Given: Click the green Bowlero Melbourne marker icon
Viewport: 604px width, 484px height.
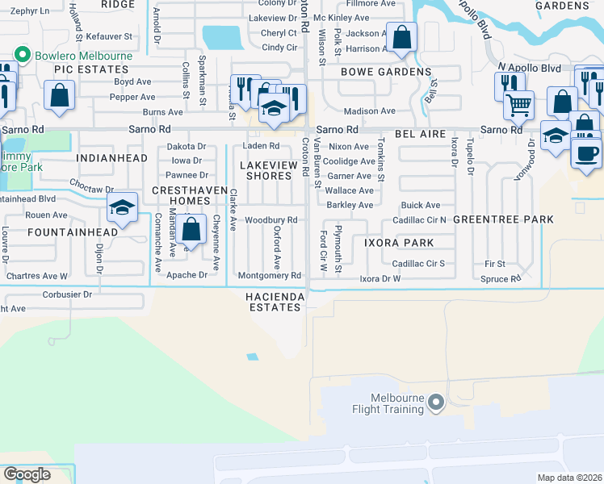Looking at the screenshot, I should click(21, 56).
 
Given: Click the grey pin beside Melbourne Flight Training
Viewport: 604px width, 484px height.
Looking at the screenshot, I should click(436, 401).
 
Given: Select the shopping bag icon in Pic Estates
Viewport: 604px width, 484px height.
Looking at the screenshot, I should click(61, 96).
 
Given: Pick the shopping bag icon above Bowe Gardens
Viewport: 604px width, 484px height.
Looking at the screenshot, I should click(401, 37).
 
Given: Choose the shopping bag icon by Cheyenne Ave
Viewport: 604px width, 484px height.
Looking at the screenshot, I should click(191, 229).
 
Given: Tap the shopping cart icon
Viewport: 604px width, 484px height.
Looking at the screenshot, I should click(518, 104).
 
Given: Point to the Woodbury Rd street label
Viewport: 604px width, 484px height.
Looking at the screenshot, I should click(271, 220).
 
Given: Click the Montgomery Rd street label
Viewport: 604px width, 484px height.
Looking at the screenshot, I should click(269, 276).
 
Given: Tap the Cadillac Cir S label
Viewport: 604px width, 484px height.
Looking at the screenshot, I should click(418, 264).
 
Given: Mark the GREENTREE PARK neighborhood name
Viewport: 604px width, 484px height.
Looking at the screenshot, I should click(503, 219).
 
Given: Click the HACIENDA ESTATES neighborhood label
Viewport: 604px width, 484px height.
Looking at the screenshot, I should click(276, 302).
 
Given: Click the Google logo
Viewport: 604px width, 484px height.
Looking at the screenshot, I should click(27, 474).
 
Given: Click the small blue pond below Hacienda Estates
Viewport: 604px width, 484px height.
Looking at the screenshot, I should click(254, 357).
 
